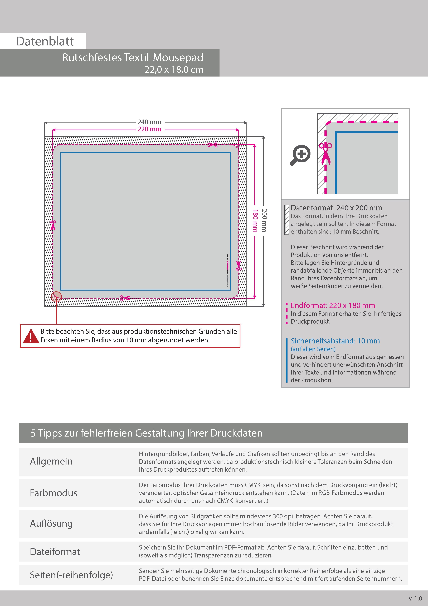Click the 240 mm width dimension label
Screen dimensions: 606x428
click(149, 122)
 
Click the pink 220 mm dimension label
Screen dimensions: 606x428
click(149, 129)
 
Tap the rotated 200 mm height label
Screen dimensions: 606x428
click(264, 221)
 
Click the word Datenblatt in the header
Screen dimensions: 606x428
click(45, 41)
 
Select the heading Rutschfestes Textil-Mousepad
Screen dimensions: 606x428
click(133, 58)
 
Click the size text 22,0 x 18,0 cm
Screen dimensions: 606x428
click(174, 70)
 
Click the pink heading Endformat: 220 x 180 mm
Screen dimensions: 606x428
click(333, 305)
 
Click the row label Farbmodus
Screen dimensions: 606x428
click(53, 493)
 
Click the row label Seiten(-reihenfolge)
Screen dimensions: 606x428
click(71, 575)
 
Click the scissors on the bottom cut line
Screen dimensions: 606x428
click(125, 298)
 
